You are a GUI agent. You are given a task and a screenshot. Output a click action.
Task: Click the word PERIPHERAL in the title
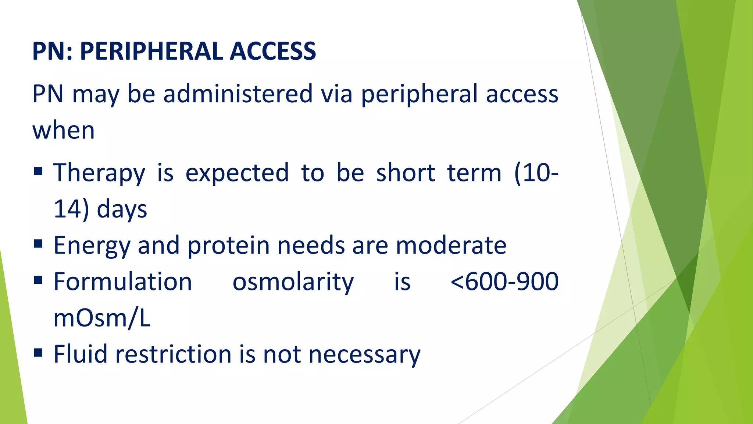pos(151,51)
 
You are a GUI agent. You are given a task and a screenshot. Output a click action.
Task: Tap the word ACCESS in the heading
pos(272,51)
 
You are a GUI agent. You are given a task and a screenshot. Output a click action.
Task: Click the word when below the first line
pos(64,130)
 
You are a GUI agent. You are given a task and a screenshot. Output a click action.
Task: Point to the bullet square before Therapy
pos(38,171)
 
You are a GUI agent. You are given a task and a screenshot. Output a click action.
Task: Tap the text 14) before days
pos(71,209)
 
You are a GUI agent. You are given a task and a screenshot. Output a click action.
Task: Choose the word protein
pos(228,246)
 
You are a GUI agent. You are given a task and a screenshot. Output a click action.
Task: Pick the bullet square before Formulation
pos(38,280)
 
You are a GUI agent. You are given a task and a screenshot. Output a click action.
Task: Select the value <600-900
pos(504,282)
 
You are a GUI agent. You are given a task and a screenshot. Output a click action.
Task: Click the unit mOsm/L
pos(102,318)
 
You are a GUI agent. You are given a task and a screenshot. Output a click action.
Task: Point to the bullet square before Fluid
pos(38,353)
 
